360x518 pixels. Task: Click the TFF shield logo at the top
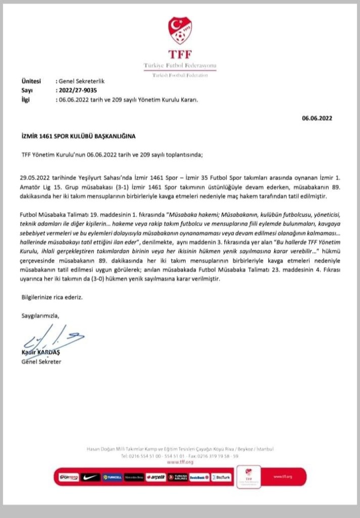pos(179,30)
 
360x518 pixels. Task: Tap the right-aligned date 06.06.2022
pos(317,118)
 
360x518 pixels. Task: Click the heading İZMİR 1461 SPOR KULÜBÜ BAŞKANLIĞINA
pos(79,136)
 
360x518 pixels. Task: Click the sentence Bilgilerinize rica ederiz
pos(52,297)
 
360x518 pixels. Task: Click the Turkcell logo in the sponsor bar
pos(112,477)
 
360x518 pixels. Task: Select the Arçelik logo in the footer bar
pos(156,477)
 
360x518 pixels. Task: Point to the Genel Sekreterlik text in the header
pos(81,81)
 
